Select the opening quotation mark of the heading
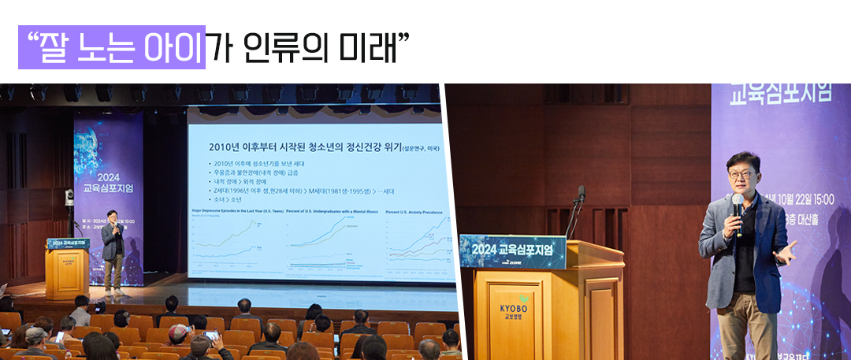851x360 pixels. coord(32,38)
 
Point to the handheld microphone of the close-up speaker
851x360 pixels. coord(738,209)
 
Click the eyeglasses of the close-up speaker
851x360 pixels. coord(738,173)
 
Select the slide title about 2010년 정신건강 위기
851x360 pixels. coord(304,147)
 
